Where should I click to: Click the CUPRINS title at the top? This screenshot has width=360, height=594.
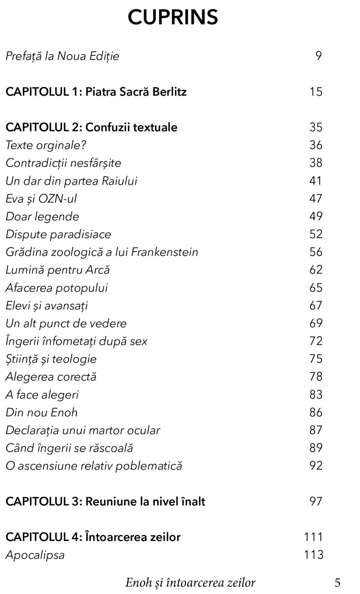(173, 17)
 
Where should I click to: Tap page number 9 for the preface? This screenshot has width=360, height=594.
(318, 56)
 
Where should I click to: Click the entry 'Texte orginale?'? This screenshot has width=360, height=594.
(46, 145)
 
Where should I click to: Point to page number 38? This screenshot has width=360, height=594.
(316, 163)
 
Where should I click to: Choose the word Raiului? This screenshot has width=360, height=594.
(119, 181)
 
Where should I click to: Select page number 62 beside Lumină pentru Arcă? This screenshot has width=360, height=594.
(316, 270)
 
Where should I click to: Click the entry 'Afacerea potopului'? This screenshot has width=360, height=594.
(56, 288)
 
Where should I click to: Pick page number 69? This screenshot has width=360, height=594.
(316, 323)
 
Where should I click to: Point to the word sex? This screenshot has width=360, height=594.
(139, 341)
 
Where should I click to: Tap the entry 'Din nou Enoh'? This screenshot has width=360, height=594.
(42, 412)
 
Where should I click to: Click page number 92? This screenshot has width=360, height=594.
(316, 466)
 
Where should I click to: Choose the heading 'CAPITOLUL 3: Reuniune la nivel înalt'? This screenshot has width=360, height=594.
(105, 502)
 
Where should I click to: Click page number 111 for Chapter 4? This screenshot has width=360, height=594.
(314, 537)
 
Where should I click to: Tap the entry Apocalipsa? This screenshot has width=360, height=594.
(35, 555)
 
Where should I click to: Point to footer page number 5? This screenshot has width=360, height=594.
(337, 583)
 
